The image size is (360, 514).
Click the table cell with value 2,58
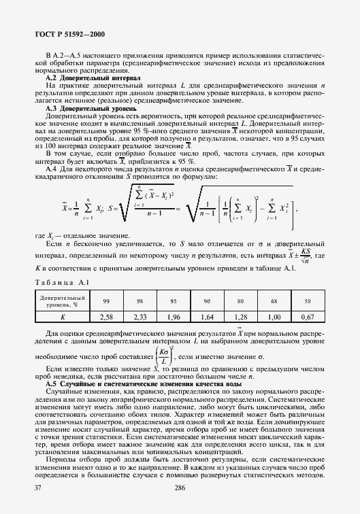(x=106, y=316)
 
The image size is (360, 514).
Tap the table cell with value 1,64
(x=207, y=316)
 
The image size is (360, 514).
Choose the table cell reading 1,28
(x=240, y=316)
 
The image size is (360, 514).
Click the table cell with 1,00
(x=274, y=316)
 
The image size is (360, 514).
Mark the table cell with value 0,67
(x=307, y=316)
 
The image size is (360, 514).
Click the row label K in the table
(x=62, y=316)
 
